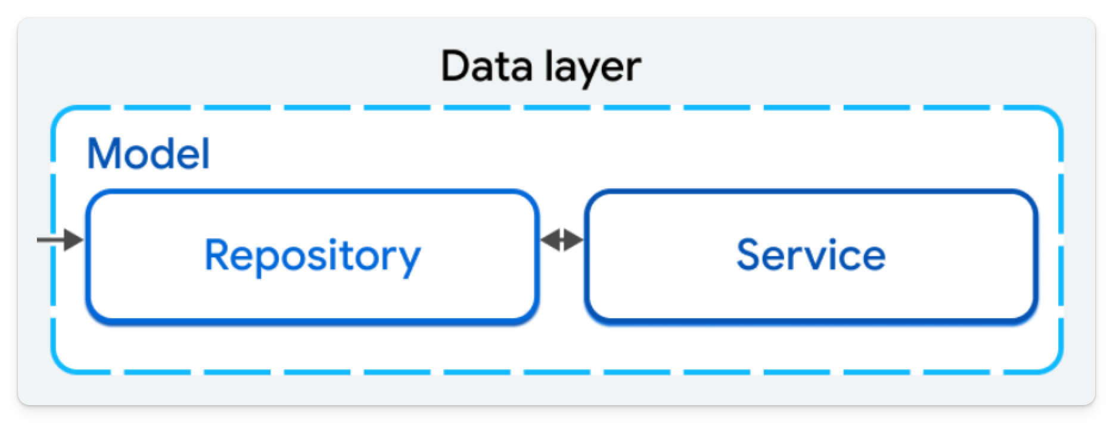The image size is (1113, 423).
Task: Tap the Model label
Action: (148, 154)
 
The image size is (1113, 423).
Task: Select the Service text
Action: (811, 255)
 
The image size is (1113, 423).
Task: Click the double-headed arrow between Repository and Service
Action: (561, 240)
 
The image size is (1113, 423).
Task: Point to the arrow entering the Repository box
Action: (60, 240)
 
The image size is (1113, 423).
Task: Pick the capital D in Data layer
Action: (457, 67)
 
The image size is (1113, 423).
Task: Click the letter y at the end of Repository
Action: (409, 261)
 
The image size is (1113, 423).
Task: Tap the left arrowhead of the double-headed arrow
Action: (549, 240)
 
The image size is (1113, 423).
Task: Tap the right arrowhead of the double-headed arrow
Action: (574, 240)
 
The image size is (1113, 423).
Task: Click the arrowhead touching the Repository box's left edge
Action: (74, 240)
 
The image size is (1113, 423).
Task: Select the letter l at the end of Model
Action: (206, 153)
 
